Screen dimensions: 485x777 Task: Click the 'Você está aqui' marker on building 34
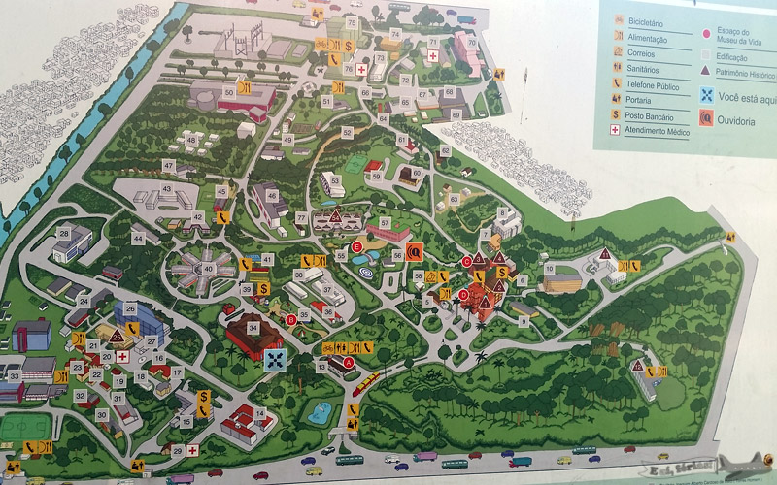click(276, 358)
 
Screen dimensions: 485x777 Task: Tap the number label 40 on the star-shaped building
click(208, 269)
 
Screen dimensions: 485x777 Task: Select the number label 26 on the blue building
click(130, 308)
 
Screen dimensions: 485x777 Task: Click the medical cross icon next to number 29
click(193, 450)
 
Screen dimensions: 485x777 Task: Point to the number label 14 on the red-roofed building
click(258, 414)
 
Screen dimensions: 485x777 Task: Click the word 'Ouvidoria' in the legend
click(739, 118)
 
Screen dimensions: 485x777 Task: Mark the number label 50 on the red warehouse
click(229, 90)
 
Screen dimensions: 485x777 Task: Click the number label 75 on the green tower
click(352, 22)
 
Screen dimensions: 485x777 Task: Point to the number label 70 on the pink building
click(471, 42)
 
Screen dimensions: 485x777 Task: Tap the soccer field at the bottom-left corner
click(24, 427)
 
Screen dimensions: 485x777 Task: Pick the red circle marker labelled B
click(291, 319)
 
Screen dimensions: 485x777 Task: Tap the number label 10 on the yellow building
click(550, 269)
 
